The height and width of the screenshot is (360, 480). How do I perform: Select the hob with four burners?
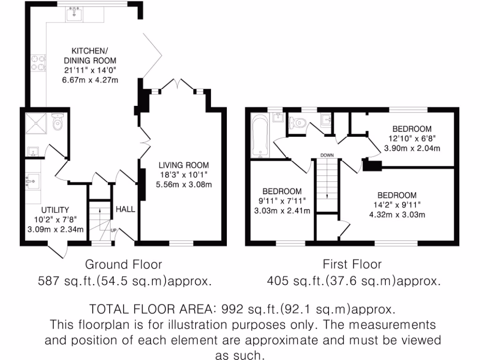pyautogui.click(x=38, y=63)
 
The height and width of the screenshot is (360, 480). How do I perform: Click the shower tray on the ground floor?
pyautogui.click(x=36, y=123)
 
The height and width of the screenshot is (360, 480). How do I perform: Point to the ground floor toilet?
pyautogui.click(x=58, y=123)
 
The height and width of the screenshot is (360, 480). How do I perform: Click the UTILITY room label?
pyautogui.click(x=55, y=210)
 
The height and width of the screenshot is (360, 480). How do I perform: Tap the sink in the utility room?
pyautogui.click(x=33, y=181)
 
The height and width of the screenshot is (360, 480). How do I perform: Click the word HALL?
pyautogui.click(x=125, y=209)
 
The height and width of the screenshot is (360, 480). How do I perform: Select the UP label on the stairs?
pyautogui.click(x=113, y=230)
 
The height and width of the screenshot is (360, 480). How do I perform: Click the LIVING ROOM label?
pyautogui.click(x=183, y=165)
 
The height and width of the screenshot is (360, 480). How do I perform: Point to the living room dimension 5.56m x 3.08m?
pyautogui.click(x=184, y=184)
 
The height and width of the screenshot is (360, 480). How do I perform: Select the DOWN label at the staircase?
pyautogui.click(x=327, y=155)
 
